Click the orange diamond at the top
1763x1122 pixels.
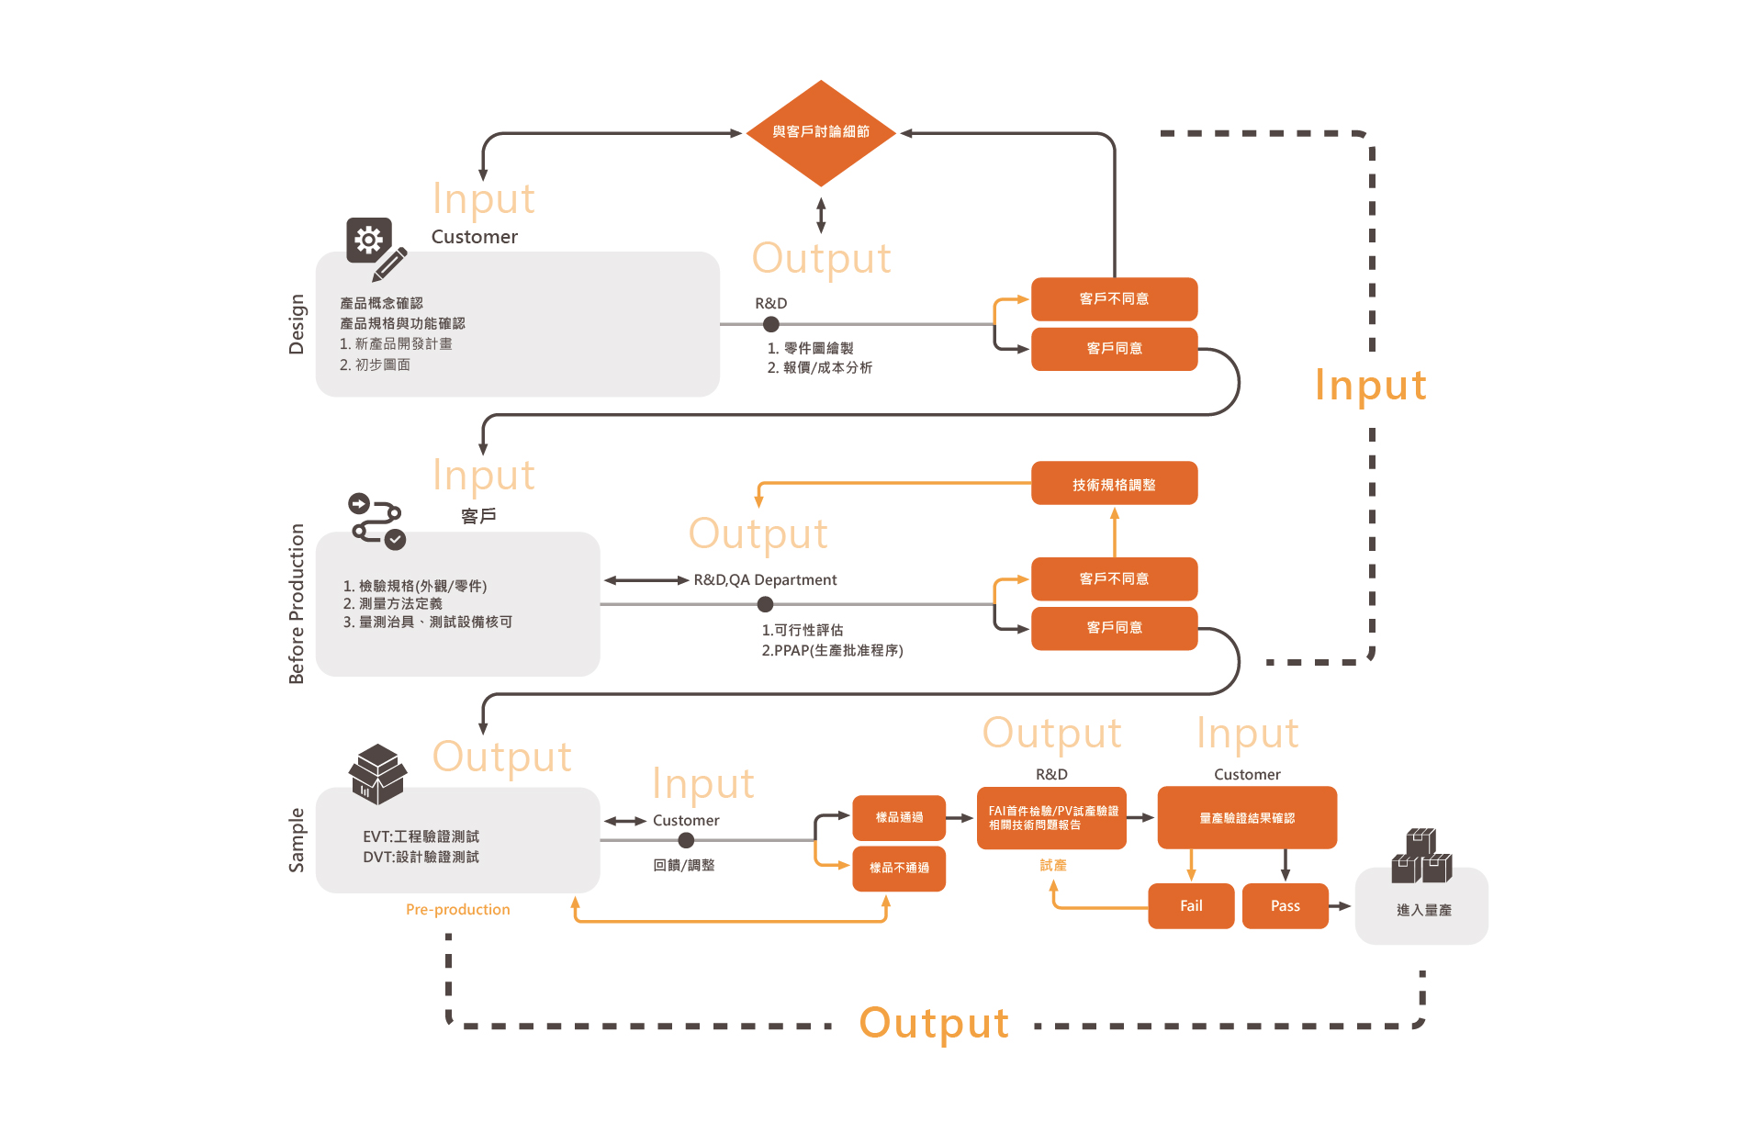point(821,133)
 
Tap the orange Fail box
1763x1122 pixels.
point(1191,906)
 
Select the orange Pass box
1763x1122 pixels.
point(1285,906)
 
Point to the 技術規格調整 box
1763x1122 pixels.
point(1114,484)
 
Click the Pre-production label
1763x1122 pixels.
point(457,910)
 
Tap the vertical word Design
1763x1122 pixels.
point(296,324)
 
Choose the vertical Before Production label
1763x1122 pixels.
point(296,603)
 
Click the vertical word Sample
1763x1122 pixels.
point(296,840)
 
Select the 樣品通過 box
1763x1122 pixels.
point(899,817)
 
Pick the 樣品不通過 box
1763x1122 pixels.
point(899,868)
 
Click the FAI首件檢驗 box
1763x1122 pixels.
point(1051,817)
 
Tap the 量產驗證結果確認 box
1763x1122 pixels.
point(1247,817)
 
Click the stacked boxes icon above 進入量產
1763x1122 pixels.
point(1421,856)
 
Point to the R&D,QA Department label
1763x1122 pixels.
point(765,580)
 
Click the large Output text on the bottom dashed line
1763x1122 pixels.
point(934,1023)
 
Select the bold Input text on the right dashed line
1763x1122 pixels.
point(1370,385)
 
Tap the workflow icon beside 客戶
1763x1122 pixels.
point(377,521)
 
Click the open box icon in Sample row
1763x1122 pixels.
point(377,774)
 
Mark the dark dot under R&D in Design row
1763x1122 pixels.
point(771,324)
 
